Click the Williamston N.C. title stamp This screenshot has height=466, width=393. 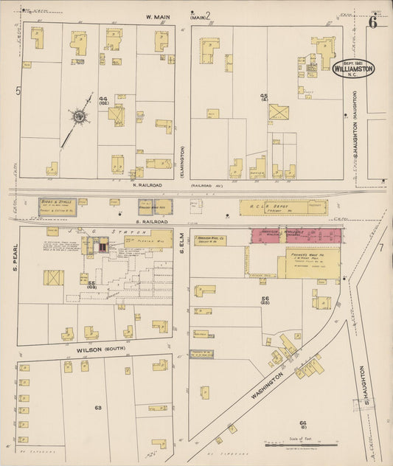point(354,69)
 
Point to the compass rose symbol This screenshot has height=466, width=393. point(77,116)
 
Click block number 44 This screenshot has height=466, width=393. point(104,100)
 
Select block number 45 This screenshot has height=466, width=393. point(263,97)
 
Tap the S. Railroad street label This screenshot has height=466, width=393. point(150,221)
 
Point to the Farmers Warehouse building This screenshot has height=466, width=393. point(308,262)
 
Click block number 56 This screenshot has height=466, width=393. point(264,299)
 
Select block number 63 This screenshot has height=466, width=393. point(97,406)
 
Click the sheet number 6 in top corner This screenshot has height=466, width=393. point(373,21)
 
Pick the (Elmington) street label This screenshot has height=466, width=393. point(182,159)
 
